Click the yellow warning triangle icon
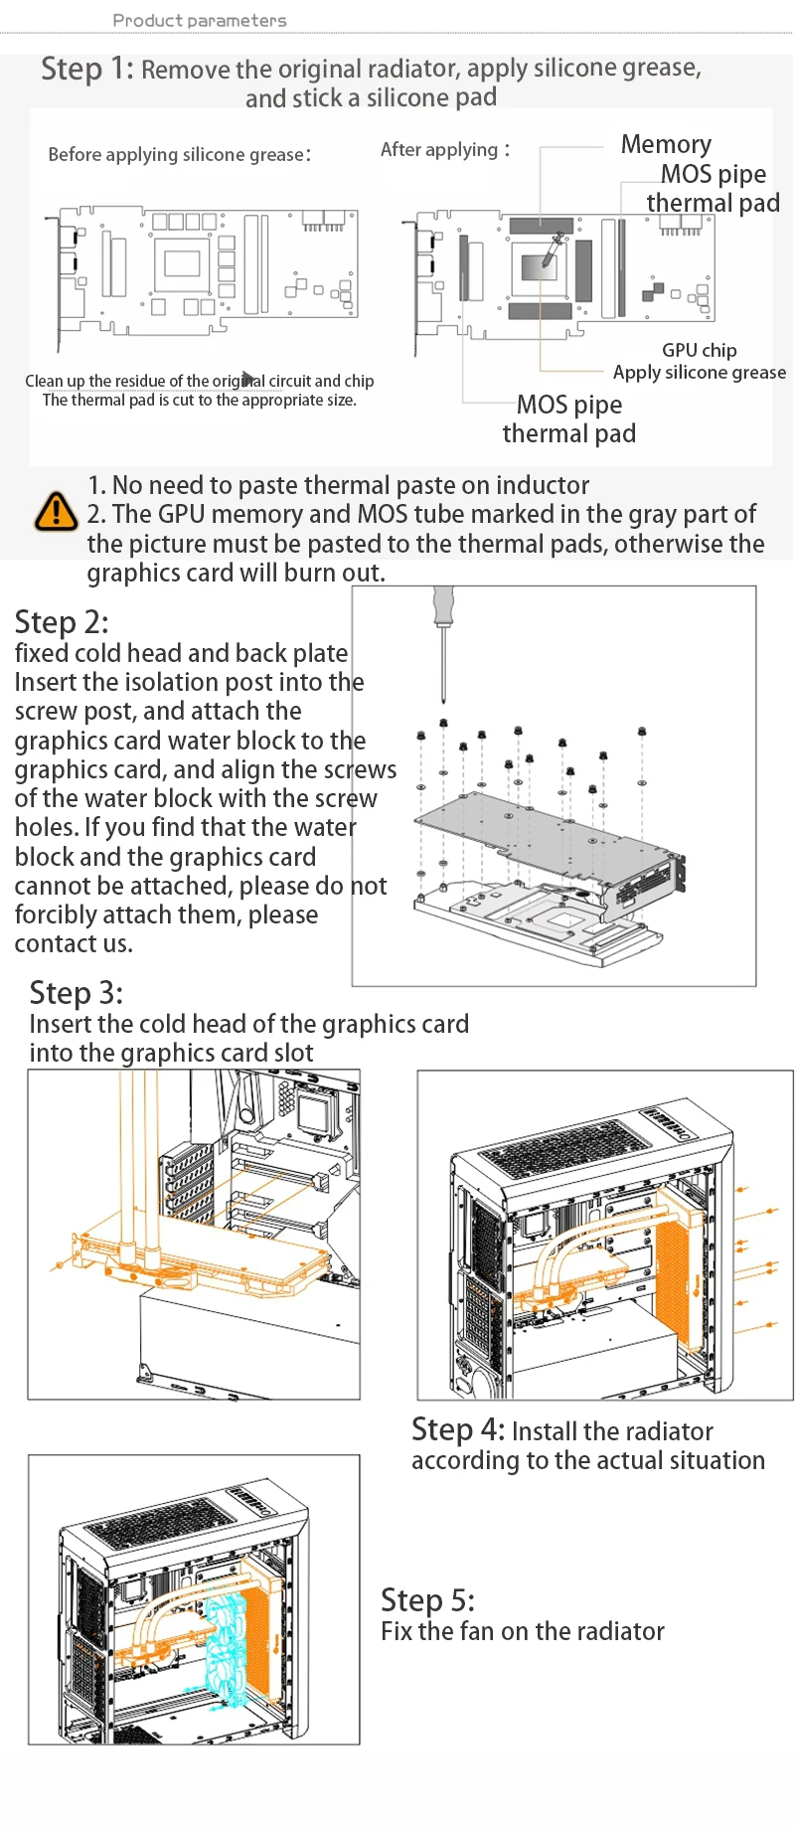pyautogui.click(x=57, y=512)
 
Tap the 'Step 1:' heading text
pyautogui.click(x=87, y=69)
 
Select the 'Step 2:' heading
pyautogui.click(x=62, y=622)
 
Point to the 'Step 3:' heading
pyautogui.click(x=77, y=993)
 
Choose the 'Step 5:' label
pyautogui.click(x=427, y=1600)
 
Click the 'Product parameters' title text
pyautogui.click(x=200, y=20)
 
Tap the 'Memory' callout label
pyautogui.click(x=666, y=144)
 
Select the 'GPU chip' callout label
pyautogui.click(x=700, y=350)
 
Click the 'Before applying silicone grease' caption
pyautogui.click(x=179, y=154)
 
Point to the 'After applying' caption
pyautogui.click(x=444, y=149)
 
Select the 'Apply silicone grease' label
pyautogui.click(x=700, y=373)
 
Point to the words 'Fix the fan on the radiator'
pyautogui.click(x=523, y=1631)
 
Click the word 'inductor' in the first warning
pyautogui.click(x=543, y=485)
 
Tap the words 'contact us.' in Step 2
pyautogui.click(x=74, y=943)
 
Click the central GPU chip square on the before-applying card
pyautogui.click(x=183, y=263)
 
